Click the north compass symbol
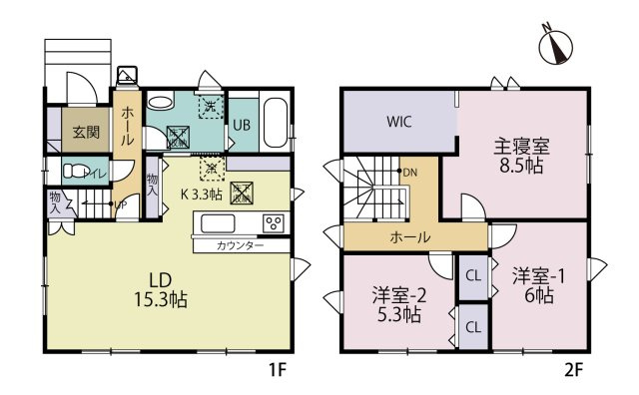(x=554, y=46)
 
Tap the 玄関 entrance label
(x=80, y=130)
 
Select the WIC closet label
(x=400, y=122)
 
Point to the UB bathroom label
(x=242, y=126)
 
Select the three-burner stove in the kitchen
(x=273, y=221)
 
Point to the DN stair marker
(x=409, y=173)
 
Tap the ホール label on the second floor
(x=410, y=237)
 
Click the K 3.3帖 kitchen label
(x=201, y=194)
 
